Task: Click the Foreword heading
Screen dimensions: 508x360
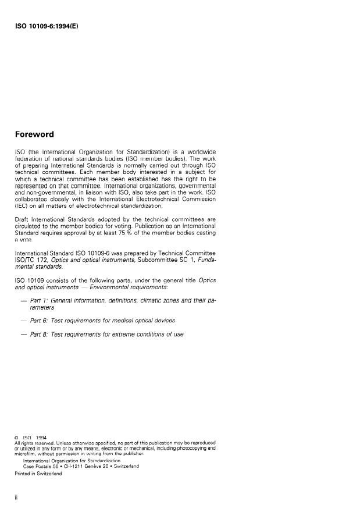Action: coord(34,134)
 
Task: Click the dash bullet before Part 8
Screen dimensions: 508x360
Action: coord(23,335)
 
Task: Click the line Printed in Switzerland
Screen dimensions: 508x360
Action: coord(38,473)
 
